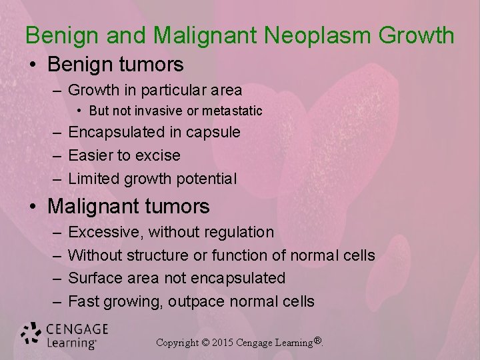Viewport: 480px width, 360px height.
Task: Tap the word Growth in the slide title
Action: click(417, 35)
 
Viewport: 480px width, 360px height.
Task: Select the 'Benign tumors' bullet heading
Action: click(115, 65)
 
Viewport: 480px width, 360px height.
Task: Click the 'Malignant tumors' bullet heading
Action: click(129, 207)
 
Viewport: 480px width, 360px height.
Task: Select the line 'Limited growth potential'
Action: click(152, 179)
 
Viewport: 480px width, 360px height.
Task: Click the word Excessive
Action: click(105, 233)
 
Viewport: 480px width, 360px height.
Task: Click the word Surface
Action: click(96, 278)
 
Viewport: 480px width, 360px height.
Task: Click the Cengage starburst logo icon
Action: click(31, 334)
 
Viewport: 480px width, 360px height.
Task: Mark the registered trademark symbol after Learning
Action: click(318, 341)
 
